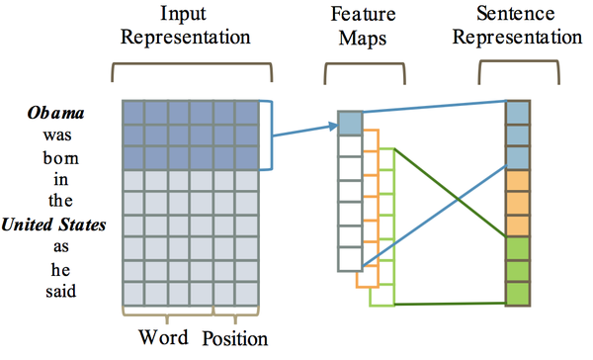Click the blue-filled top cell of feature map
point(350,122)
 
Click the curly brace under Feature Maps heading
point(357,71)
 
